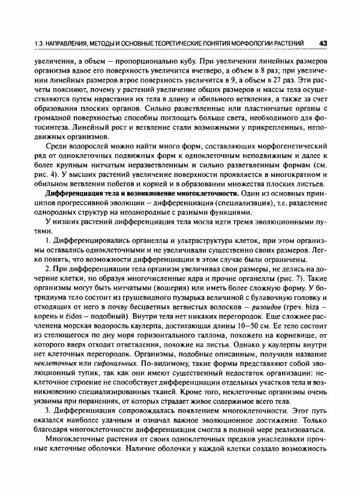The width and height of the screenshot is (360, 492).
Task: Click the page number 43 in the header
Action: [x=323, y=43]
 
